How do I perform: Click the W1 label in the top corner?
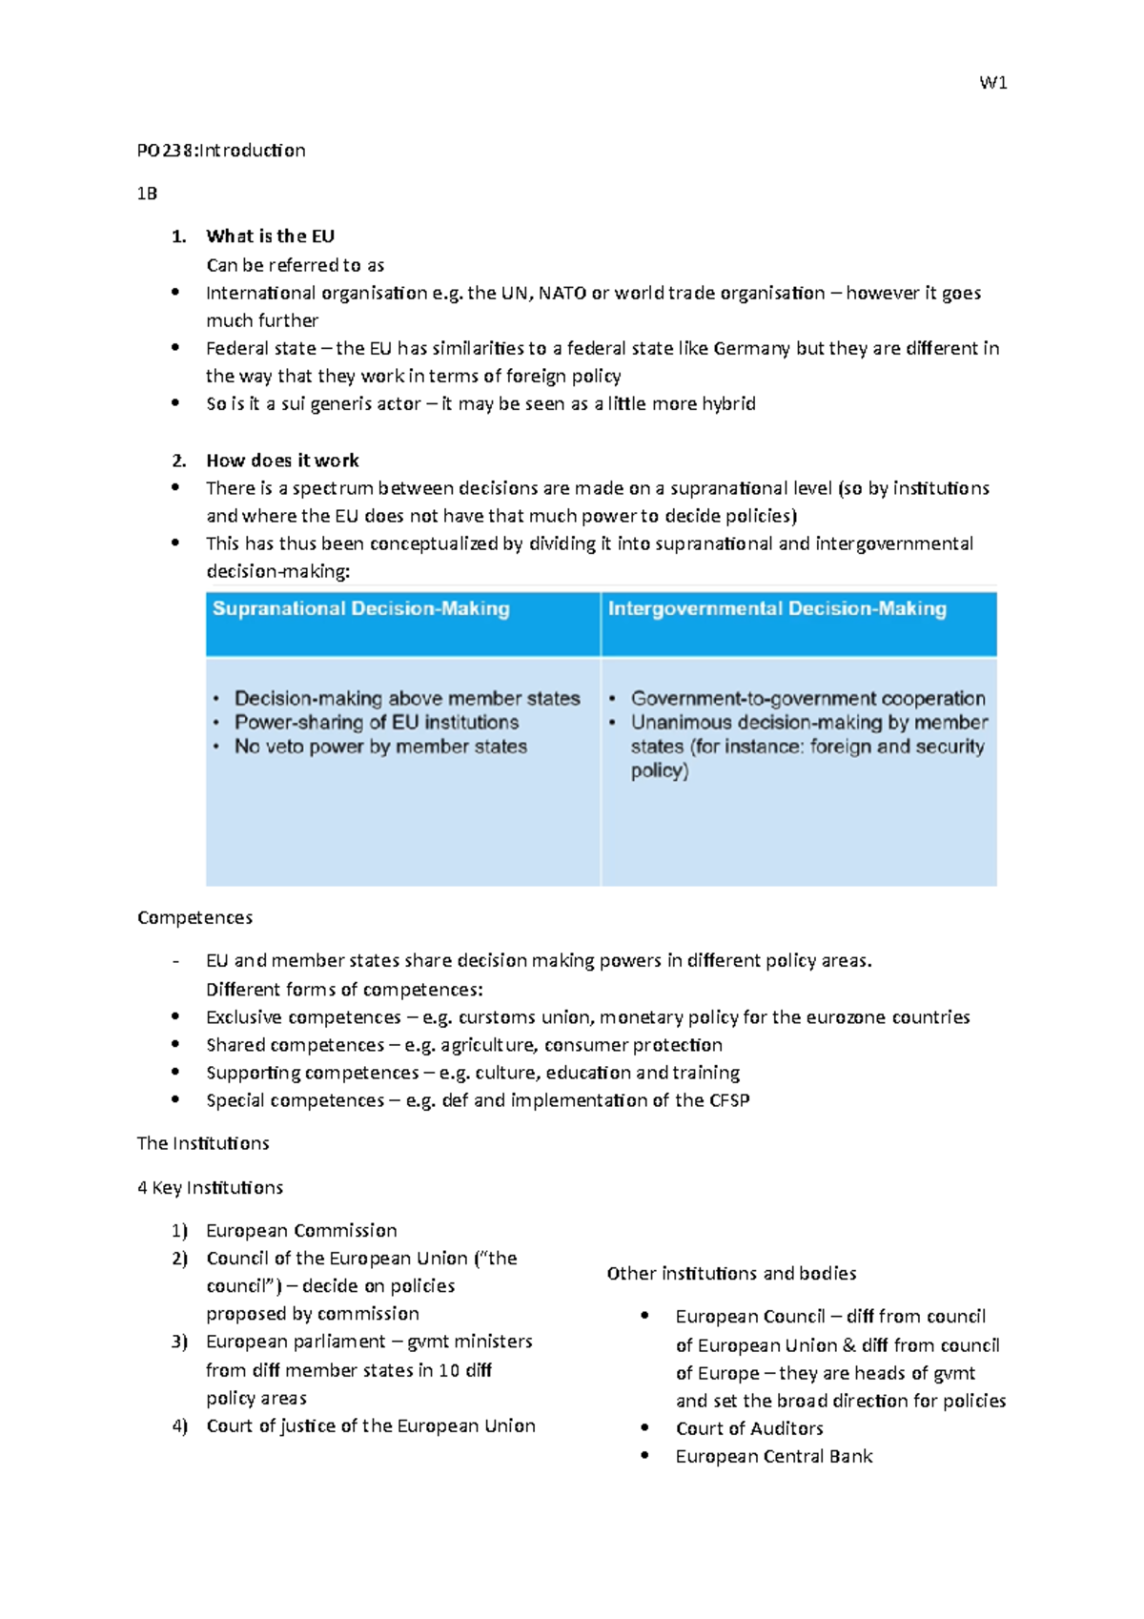click(x=993, y=83)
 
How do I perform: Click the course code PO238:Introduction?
click(x=221, y=151)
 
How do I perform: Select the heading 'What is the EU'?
click(x=270, y=236)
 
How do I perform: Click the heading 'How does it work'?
click(x=282, y=461)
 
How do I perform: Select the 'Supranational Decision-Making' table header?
click(x=361, y=609)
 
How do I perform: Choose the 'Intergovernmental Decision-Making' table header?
click(x=777, y=609)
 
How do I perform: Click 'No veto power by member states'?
click(x=380, y=747)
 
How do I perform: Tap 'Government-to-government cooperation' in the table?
click(x=807, y=698)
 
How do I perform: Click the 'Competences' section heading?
click(x=194, y=917)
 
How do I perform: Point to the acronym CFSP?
click(x=729, y=1100)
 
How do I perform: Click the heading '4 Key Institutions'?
click(x=210, y=1188)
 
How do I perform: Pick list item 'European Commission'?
click(x=301, y=1231)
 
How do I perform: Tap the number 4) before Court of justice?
click(x=180, y=1426)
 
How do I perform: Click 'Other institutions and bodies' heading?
click(x=731, y=1274)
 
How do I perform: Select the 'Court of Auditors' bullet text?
click(x=749, y=1429)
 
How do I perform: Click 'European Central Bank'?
click(x=774, y=1457)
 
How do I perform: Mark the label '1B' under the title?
click(x=147, y=194)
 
